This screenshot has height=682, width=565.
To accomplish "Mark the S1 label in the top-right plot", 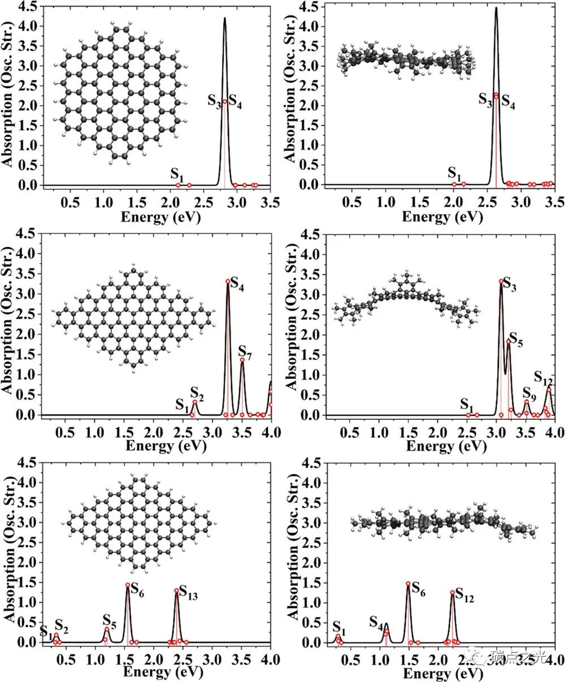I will pyautogui.click(x=454, y=172).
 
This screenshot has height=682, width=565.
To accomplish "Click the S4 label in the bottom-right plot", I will pyautogui.click(x=376, y=622).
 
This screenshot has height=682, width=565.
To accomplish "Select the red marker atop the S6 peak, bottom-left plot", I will pyautogui.click(x=128, y=585).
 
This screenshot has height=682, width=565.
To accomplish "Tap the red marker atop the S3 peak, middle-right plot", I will pyautogui.click(x=501, y=281).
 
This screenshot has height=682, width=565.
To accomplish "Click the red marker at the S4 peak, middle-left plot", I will pyautogui.click(x=228, y=281).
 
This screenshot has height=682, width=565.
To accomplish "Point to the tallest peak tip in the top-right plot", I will pyautogui.click(x=496, y=8).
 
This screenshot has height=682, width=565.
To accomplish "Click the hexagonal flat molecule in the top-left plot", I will pyautogui.click(x=119, y=93).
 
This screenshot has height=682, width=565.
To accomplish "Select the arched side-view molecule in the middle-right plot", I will pyautogui.click(x=406, y=298).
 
